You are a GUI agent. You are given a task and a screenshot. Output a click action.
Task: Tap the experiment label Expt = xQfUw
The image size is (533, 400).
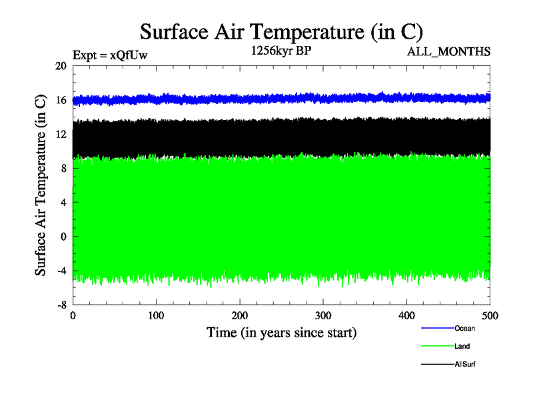click(x=109, y=55)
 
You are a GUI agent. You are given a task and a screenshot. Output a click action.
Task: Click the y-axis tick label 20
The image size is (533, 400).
click(x=61, y=66)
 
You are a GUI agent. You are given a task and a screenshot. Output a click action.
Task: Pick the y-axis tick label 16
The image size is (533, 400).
click(x=61, y=100)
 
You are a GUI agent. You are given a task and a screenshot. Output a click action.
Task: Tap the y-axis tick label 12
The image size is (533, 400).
click(x=61, y=134)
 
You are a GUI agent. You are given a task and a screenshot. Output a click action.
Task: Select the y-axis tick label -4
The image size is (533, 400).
click(x=61, y=271)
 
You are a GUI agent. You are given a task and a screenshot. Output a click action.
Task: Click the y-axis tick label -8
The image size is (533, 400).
click(x=61, y=305)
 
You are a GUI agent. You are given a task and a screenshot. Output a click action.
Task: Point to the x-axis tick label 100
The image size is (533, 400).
click(x=156, y=315)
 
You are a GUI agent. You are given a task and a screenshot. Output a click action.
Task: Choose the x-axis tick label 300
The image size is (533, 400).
click(x=323, y=315)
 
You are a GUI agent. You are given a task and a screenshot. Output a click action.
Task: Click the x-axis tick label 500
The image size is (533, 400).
click(x=490, y=315)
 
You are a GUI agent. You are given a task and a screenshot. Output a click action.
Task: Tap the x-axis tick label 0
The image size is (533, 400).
click(x=73, y=315)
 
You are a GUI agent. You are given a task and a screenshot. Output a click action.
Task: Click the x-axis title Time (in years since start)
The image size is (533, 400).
click(x=281, y=332)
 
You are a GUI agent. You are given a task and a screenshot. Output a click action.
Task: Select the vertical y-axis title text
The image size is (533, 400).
click(x=41, y=185)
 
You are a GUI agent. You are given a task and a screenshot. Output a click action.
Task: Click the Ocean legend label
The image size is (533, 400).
click(x=464, y=328)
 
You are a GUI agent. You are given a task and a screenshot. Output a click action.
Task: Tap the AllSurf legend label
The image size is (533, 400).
click(x=465, y=364)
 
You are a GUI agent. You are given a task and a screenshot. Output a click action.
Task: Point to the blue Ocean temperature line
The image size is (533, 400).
click(x=280, y=98)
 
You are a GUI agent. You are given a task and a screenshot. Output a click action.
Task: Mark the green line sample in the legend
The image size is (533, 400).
click(x=437, y=346)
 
